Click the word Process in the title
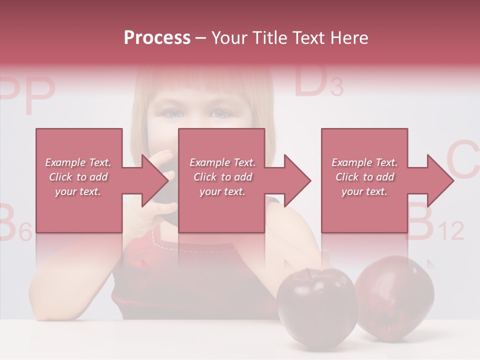tap(157, 38)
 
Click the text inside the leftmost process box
tap(78, 177)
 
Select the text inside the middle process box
tap(222, 177)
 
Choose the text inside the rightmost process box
tap(364, 177)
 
